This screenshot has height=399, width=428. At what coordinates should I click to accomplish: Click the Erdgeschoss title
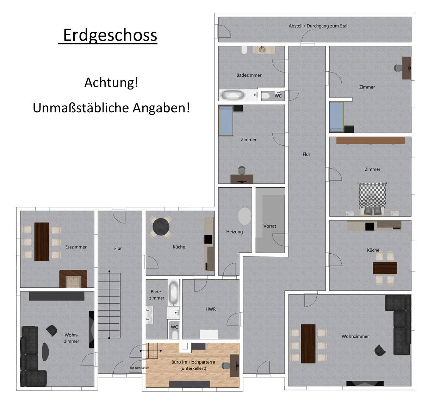[x=110, y=35]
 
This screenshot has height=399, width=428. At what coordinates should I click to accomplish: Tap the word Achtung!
[x=111, y=82]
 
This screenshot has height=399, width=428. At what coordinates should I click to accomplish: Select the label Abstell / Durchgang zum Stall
[x=318, y=26]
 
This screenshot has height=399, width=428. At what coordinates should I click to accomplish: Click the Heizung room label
[x=234, y=232]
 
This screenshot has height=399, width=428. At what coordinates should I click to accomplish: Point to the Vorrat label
[x=269, y=226]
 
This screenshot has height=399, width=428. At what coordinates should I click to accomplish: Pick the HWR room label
[x=211, y=309]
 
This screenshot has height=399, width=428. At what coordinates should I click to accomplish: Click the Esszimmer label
[x=76, y=247]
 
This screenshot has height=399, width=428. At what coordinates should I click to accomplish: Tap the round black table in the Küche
[x=161, y=227]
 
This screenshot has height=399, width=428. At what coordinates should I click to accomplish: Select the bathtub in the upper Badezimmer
[x=233, y=95]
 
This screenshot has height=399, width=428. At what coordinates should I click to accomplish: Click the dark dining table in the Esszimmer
[x=42, y=242]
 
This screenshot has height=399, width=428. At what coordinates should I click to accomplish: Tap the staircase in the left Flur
[x=109, y=305]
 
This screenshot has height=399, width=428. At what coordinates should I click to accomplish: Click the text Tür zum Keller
[x=139, y=368]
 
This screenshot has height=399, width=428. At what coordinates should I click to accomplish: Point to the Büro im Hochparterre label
[x=193, y=365]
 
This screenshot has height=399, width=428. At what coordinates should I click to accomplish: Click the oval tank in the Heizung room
[x=244, y=216]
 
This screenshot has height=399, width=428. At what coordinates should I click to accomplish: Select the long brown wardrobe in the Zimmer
[x=370, y=140]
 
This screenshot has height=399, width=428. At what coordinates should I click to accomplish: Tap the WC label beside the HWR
[x=174, y=327]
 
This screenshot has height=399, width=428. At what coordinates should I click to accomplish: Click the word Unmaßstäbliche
[x=81, y=108]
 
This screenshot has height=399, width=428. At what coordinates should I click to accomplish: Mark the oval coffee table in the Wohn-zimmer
[x=45, y=352]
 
